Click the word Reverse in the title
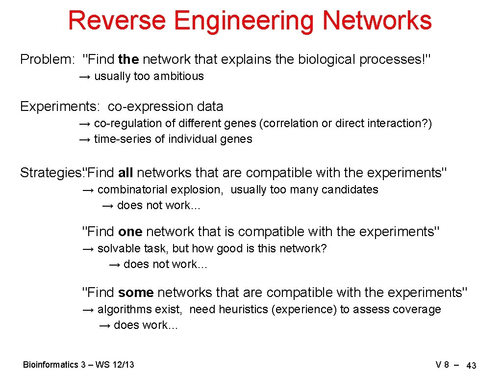tap(117, 21)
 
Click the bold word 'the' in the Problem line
tap(128, 60)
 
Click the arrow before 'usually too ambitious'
tap(85, 77)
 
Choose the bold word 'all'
tap(126, 173)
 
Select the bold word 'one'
tap(130, 231)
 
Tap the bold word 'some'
tap(136, 293)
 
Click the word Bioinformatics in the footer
tap(50, 365)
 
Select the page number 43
tap(471, 366)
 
